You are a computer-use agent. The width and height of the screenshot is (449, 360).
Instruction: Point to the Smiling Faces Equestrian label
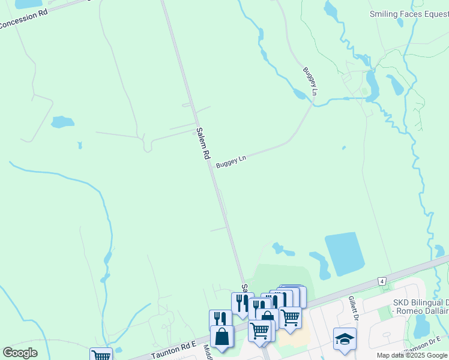[408, 14]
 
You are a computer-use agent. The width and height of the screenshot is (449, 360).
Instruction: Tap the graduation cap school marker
[345, 338]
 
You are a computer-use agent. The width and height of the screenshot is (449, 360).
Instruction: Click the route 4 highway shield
[382, 280]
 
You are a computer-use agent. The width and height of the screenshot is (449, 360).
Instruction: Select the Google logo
[20, 353]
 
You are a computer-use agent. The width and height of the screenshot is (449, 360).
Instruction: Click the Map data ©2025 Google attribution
[412, 355]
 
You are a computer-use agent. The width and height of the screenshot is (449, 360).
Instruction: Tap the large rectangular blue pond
[345, 253]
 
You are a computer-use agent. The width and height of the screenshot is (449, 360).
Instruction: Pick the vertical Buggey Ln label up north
[310, 81]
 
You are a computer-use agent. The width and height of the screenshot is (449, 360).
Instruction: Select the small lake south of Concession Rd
[62, 122]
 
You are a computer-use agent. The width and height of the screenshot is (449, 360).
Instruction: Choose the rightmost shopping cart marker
[291, 316]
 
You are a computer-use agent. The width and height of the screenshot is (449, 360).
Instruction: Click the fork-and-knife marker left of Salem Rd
[220, 319]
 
